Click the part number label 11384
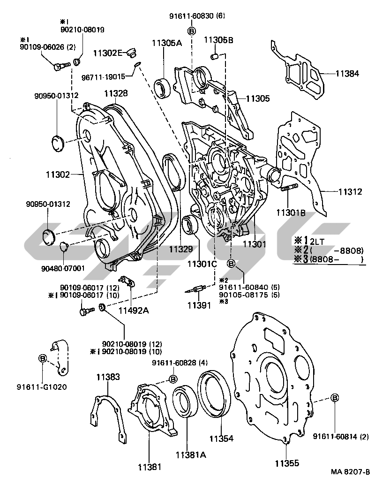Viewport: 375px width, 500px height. click(347, 73)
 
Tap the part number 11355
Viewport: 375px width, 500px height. click(287, 463)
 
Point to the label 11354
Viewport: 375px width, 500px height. click(221, 439)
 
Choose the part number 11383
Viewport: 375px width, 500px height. click(108, 376)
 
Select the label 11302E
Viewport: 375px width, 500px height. click(108, 52)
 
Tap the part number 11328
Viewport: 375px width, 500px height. click(116, 94)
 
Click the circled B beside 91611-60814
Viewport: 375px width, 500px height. click(335, 398)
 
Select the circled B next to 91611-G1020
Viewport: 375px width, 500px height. click(43, 358)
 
